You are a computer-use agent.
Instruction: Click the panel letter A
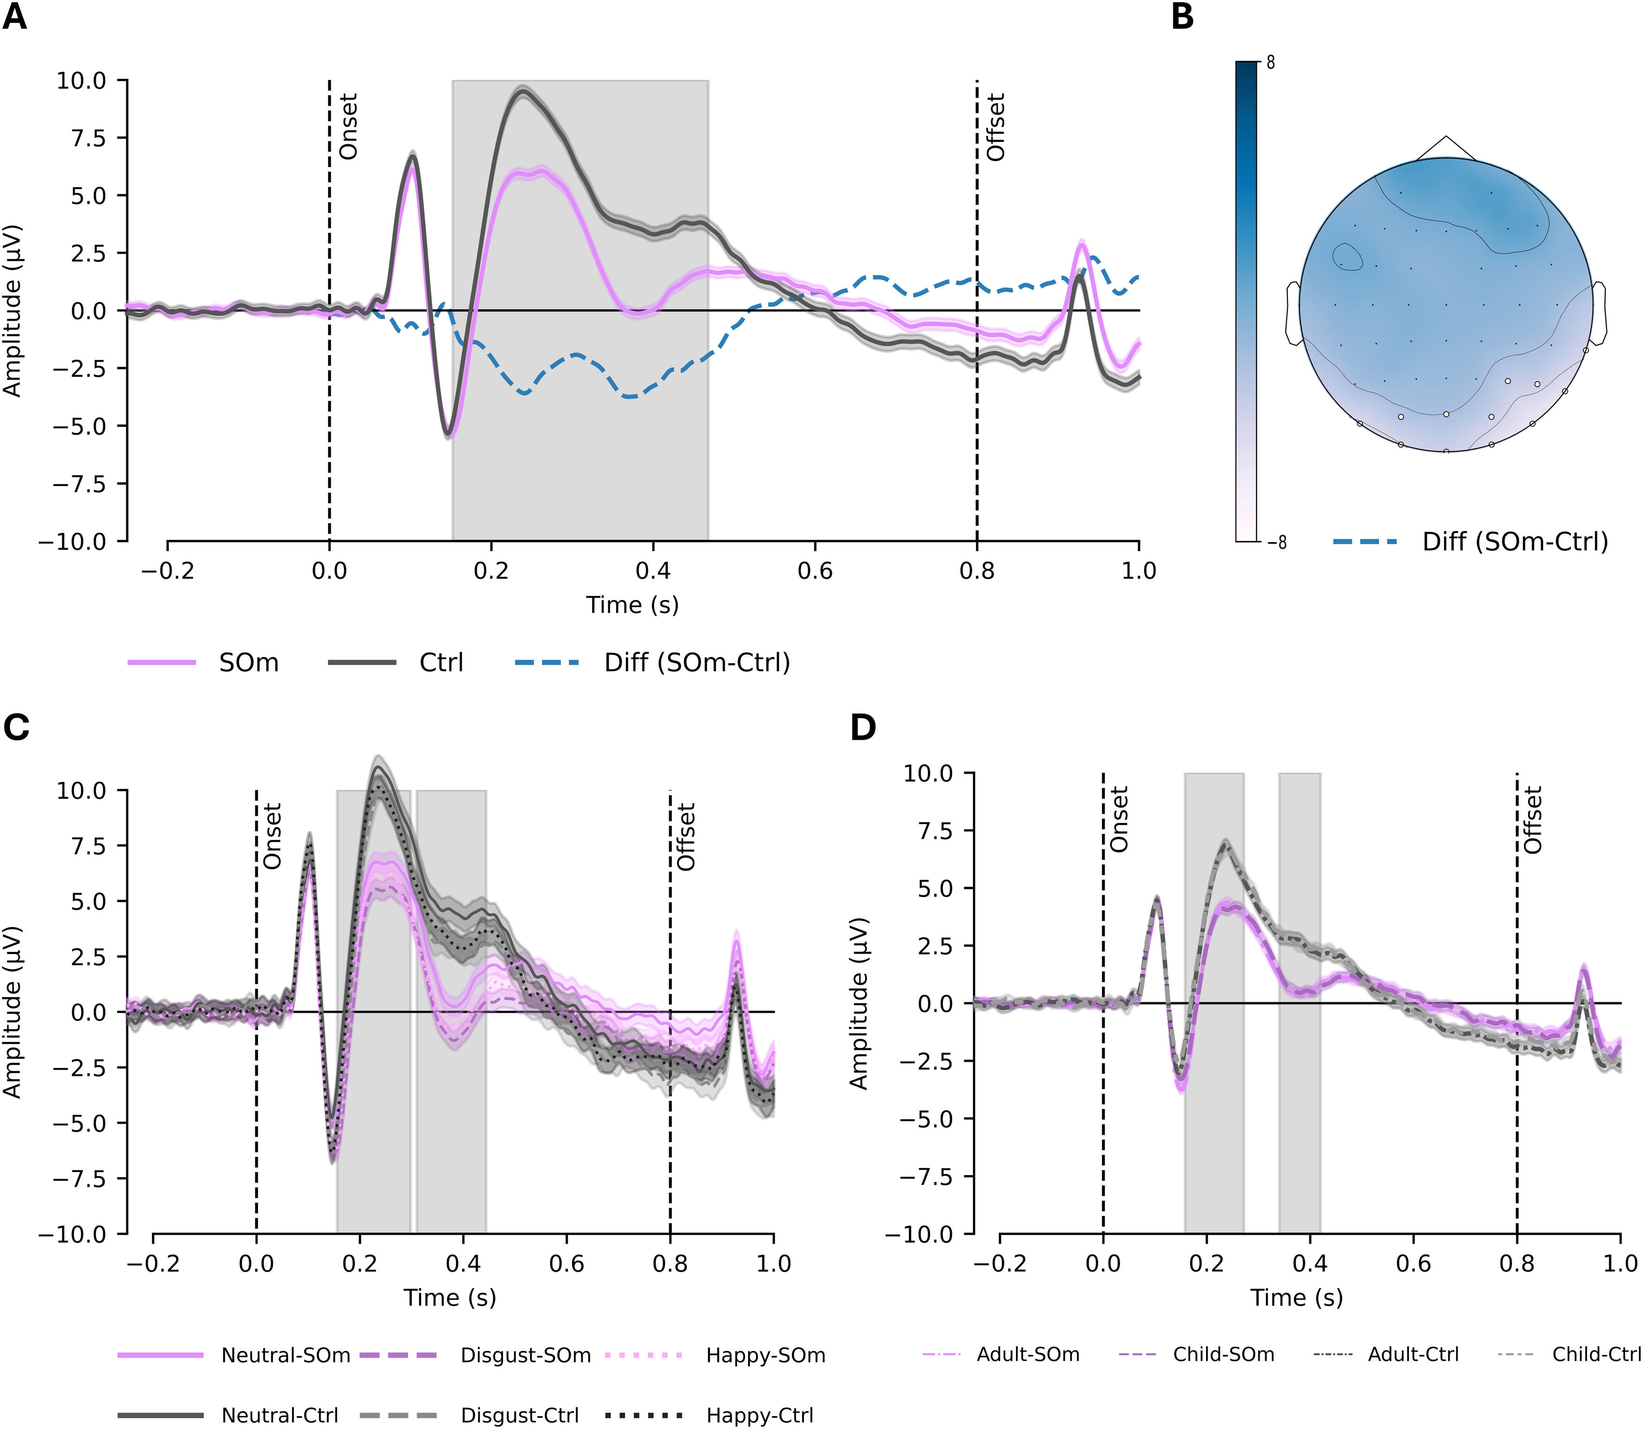15,17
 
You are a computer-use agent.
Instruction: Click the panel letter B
1182,17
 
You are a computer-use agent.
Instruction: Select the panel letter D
864,727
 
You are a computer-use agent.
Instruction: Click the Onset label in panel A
348,126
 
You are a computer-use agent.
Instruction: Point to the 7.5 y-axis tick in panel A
88,138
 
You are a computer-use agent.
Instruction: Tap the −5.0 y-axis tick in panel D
934,1119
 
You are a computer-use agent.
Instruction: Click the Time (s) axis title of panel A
632,605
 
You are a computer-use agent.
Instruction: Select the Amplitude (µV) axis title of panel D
858,1003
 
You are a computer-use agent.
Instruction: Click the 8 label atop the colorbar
1271,61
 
